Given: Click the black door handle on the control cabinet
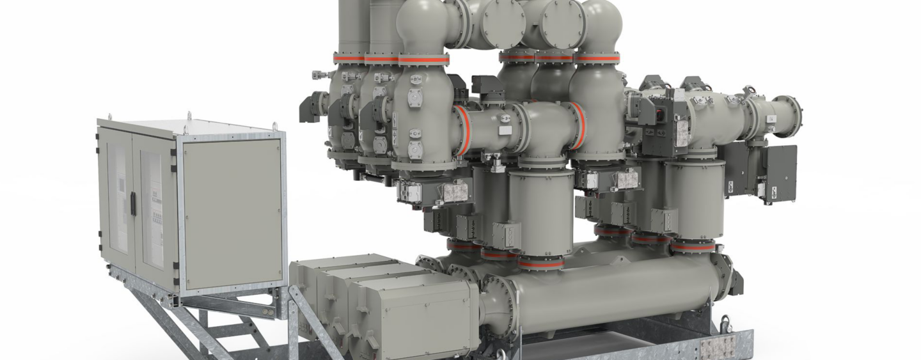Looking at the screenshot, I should point(133,203).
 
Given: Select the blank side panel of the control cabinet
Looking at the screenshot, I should point(232,214).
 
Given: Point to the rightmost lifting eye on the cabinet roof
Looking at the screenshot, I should point(276,126).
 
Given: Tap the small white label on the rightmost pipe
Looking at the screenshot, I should point(772,118).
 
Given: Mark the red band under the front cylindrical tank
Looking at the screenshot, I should point(540,263).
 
